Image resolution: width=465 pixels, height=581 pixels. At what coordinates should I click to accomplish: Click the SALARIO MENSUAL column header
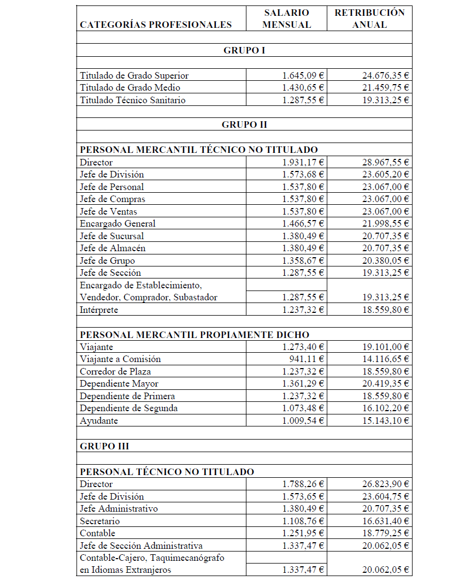[286, 19]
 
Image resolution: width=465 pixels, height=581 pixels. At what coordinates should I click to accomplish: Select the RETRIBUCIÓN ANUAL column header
[369, 19]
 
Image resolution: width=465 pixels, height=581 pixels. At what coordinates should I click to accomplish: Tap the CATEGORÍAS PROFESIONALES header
[156, 25]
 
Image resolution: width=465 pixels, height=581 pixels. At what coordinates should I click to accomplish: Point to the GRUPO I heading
[244, 50]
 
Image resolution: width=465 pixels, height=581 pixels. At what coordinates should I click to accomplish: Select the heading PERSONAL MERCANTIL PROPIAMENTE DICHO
[194, 335]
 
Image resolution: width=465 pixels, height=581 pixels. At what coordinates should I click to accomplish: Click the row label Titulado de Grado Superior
[134, 75]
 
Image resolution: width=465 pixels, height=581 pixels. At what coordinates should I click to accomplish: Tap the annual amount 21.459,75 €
[386, 87]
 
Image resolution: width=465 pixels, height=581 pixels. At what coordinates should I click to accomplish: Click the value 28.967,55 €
[386, 162]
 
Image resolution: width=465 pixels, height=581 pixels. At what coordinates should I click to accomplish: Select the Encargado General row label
[117, 223]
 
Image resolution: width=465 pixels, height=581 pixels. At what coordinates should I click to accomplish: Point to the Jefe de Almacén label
[113, 248]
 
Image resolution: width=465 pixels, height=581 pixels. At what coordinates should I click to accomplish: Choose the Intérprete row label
[99, 310]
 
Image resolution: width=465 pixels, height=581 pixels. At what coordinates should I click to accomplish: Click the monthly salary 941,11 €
[307, 359]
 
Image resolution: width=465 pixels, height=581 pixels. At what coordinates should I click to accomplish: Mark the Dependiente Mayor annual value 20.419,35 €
[386, 384]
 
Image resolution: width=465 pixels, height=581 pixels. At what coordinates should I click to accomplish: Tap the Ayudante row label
[99, 421]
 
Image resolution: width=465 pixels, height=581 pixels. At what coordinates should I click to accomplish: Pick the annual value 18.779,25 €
[386, 533]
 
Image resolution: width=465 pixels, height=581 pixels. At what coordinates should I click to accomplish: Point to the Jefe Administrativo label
[119, 508]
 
